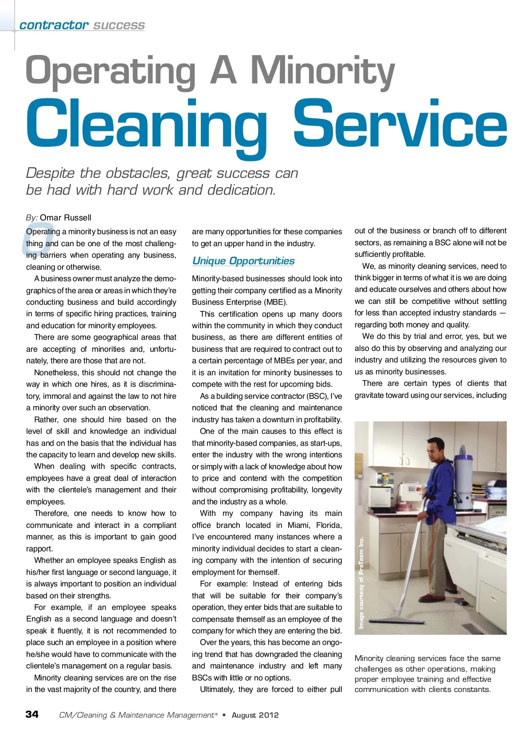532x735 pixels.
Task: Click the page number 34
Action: [32, 714]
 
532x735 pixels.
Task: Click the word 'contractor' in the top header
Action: [54, 25]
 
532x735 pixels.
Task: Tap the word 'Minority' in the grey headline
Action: [322, 71]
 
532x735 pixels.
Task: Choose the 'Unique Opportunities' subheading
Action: [243, 261]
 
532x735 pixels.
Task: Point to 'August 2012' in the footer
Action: [255, 715]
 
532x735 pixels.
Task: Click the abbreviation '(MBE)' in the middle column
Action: [275, 302]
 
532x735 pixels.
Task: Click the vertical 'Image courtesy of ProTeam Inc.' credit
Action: [361, 582]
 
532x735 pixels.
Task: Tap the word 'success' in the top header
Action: [119, 25]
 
